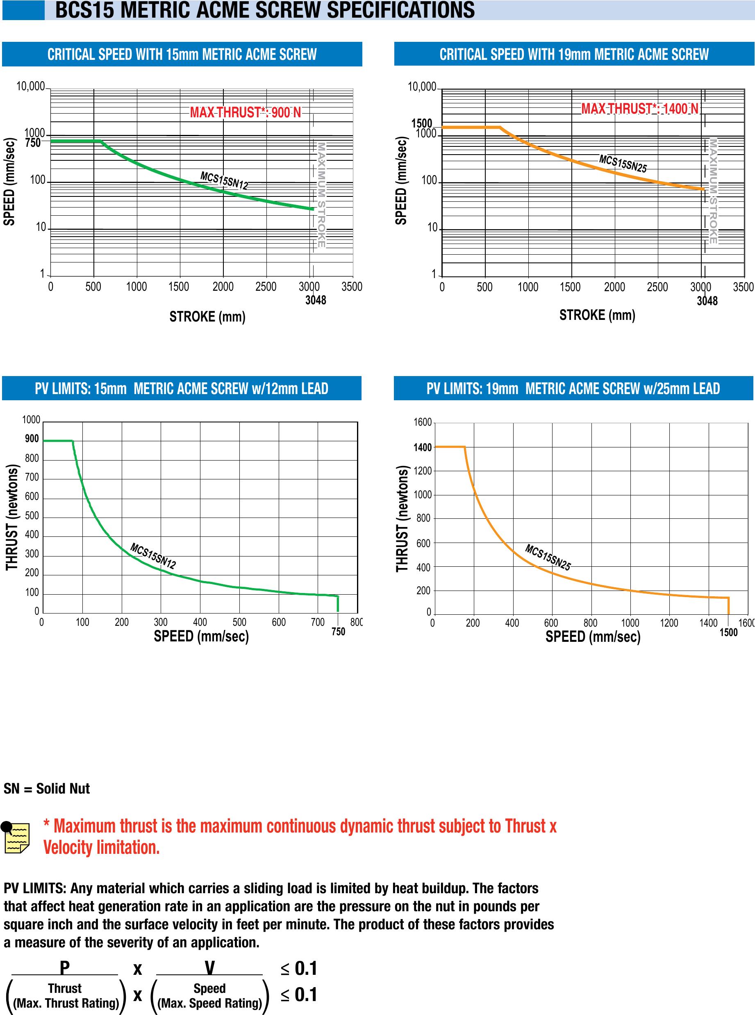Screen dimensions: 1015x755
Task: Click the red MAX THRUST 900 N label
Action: (246, 112)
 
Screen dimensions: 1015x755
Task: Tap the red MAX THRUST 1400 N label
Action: (639, 109)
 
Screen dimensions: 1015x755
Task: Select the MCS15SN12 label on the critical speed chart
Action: (224, 180)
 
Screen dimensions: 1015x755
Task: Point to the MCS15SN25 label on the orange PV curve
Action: (548, 557)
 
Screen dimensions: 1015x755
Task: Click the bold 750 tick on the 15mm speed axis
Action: (33, 143)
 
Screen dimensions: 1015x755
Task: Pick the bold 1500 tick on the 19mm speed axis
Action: (421, 123)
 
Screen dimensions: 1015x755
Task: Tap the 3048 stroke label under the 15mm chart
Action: (316, 300)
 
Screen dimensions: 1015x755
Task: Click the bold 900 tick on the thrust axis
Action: (32, 439)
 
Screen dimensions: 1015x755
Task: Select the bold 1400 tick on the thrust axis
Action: (423, 447)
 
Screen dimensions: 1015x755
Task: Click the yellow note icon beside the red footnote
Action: (16, 839)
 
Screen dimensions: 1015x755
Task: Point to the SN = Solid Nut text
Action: (47, 789)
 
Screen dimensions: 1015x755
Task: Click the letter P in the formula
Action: (65, 968)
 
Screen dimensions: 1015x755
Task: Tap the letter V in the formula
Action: (209, 968)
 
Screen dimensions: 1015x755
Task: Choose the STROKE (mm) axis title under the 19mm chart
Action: (597, 315)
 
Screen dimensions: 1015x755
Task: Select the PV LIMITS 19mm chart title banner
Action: (573, 389)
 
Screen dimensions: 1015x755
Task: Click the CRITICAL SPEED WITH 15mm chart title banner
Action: (182, 55)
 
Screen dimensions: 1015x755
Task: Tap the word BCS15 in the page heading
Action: (84, 10)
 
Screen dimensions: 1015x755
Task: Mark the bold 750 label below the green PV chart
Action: (338, 632)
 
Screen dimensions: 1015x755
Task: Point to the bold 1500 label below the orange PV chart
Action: (728, 632)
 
